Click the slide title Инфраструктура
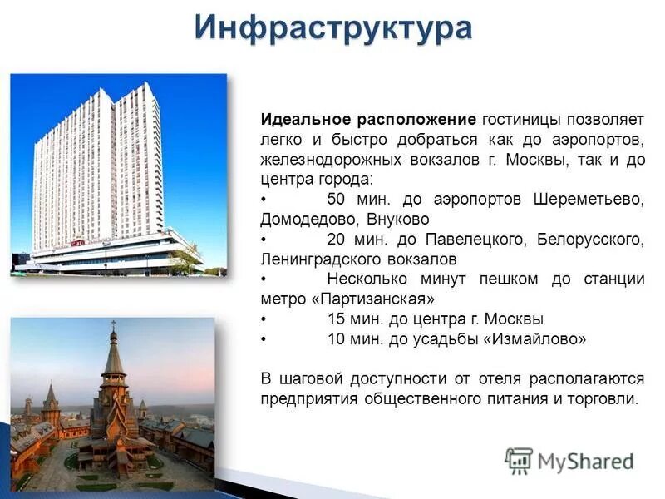click(333, 27)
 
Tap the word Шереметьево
click(589, 200)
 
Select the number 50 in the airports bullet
click(337, 200)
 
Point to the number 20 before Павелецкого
click(337, 240)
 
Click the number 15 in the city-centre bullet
click(337, 319)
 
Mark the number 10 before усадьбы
click(337, 339)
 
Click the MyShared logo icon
click(519, 461)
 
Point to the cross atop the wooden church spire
click(113, 325)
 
